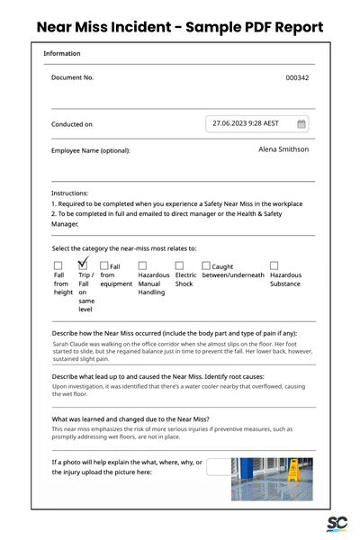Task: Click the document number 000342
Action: point(297,78)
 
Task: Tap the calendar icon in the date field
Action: point(301,124)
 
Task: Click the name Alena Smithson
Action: point(283,149)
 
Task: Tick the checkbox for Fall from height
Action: point(58,266)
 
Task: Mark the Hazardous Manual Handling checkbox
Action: point(143,266)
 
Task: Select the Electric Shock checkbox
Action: point(180,266)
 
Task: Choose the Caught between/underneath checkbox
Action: point(206,266)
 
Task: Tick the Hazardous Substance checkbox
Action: point(274,266)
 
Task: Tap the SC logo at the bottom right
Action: point(337,525)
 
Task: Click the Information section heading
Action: point(62,54)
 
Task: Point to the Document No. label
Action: point(73,78)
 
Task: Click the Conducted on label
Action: point(72,125)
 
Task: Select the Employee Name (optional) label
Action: point(91,150)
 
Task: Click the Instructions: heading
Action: point(70,193)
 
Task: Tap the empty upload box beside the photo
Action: point(218,465)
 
